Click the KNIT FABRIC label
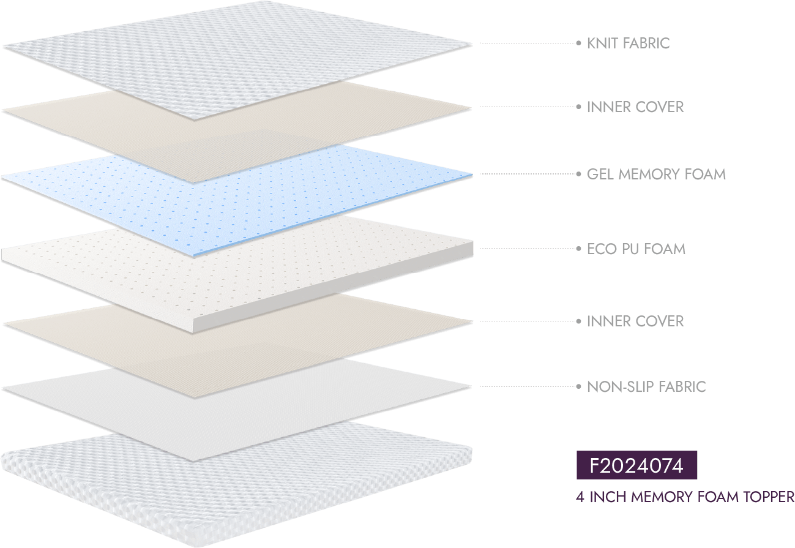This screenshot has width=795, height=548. (628, 43)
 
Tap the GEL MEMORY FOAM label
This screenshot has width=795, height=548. (656, 175)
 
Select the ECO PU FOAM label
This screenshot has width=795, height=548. (636, 249)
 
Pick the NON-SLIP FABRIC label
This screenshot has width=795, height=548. (646, 387)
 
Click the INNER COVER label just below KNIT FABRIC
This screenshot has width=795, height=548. (635, 107)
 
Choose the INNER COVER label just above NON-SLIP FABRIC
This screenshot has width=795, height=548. (635, 321)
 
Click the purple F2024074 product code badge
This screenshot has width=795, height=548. (636, 465)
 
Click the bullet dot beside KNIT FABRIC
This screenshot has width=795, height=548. (578, 43)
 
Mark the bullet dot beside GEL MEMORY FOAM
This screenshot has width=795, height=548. (578, 175)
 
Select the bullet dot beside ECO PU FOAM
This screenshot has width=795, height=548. (578, 249)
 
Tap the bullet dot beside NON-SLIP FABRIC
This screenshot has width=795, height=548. (578, 387)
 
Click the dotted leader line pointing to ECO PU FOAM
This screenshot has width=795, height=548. (526, 249)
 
